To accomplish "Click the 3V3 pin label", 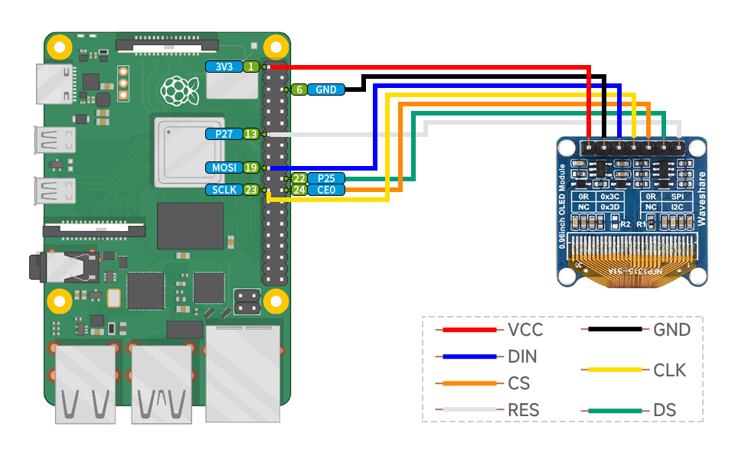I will coord(224,67).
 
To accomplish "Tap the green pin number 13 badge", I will coord(250,134).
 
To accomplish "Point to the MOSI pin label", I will coord(224,167).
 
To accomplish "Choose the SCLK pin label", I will coord(224,190).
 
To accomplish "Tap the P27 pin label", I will coord(224,134).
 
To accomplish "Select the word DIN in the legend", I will coord(522,356).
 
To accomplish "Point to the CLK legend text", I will coord(670,371).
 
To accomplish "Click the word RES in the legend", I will coord(524,410).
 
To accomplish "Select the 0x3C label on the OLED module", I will coord(609,196).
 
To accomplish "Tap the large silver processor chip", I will coord(188,151).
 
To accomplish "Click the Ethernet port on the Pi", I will coord(243,373).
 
